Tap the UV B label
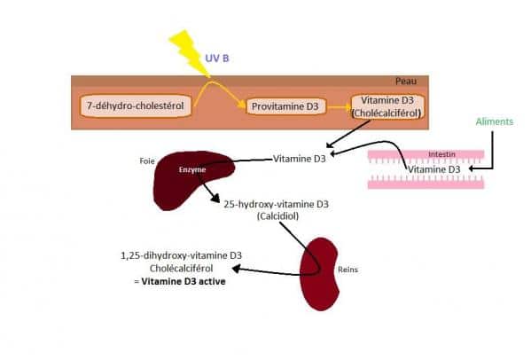click(x=217, y=59)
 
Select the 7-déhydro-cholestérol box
click(x=136, y=106)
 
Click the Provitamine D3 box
click(x=285, y=106)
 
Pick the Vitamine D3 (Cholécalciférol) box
click(x=387, y=106)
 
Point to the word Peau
click(x=406, y=82)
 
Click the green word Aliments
click(x=495, y=121)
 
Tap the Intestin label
click(x=441, y=154)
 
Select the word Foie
click(x=147, y=160)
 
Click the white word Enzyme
click(x=192, y=169)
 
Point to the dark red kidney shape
click(x=319, y=274)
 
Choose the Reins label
click(x=347, y=270)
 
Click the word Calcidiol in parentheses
click(x=278, y=216)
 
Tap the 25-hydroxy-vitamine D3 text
click(x=276, y=204)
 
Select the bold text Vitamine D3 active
click(x=184, y=281)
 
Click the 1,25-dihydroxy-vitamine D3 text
click(x=181, y=255)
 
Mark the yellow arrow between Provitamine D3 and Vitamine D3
click(x=340, y=107)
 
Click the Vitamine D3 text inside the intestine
click(x=434, y=169)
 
